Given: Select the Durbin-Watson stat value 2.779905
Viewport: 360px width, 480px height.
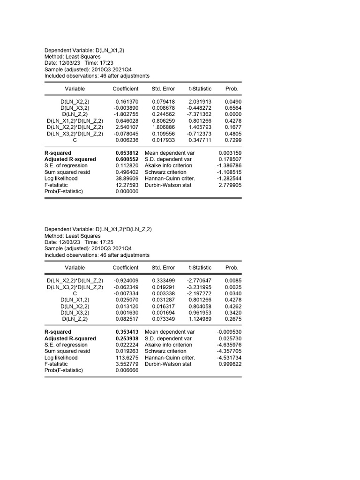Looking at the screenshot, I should tap(230, 185).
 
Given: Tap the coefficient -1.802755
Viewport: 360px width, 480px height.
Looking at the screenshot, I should tap(127, 114).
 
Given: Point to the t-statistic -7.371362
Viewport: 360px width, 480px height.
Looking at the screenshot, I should tap(200, 114).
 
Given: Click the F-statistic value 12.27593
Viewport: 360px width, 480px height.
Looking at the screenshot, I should tap(127, 185).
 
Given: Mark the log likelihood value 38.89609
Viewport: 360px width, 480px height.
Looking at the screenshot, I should tap(127, 179).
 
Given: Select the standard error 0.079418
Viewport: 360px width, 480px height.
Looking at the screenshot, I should tap(164, 101).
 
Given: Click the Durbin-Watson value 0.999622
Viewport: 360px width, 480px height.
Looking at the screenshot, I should tap(230, 364).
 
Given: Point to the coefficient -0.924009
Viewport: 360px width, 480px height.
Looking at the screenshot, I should tap(127, 280).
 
